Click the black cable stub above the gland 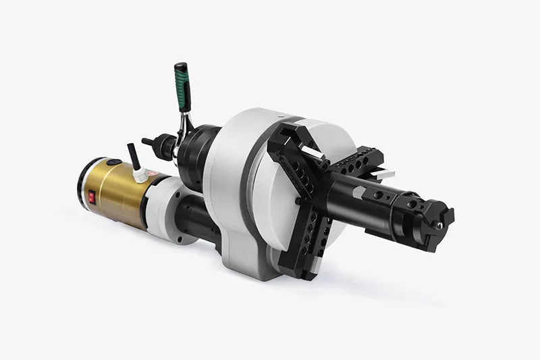pyautogui.click(x=133, y=156)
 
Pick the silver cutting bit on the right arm pyautogui.click(x=385, y=174)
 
